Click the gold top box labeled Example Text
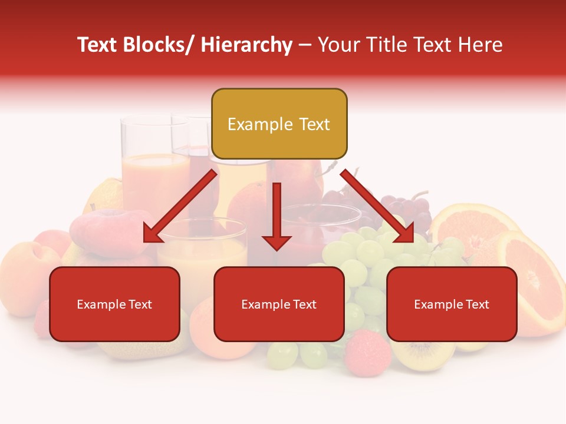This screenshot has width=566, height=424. [279, 124]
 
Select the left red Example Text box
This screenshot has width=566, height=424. [114, 304]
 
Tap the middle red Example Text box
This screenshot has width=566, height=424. [279, 304]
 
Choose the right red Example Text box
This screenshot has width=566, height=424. [452, 304]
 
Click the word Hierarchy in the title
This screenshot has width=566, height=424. [246, 45]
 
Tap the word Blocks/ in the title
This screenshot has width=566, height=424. [158, 45]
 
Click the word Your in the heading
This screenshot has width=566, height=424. [337, 45]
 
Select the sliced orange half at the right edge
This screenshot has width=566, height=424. [537, 283]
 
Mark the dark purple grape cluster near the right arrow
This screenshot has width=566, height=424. [407, 206]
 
